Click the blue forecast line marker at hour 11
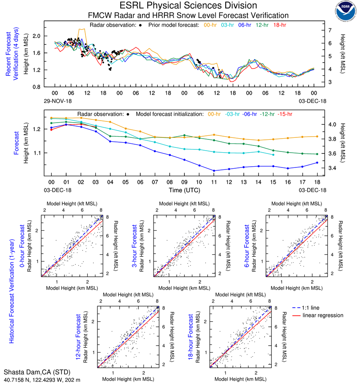pos(214,171)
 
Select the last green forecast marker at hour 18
pos(317,154)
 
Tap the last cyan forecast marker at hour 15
pos(273,155)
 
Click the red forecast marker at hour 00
pos(51,129)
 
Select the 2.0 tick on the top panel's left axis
pos(37,36)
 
